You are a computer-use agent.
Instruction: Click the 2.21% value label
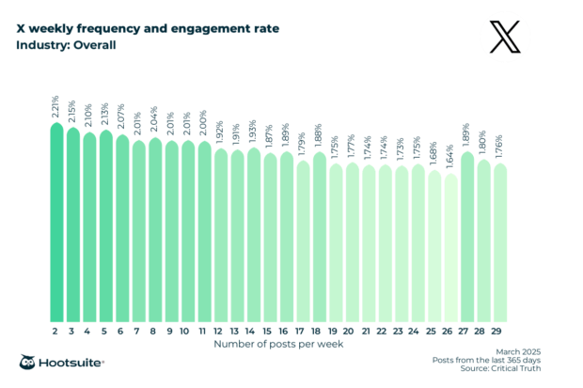[56, 106]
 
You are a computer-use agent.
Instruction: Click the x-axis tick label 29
[500, 332]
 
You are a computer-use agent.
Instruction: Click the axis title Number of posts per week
[278, 345]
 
